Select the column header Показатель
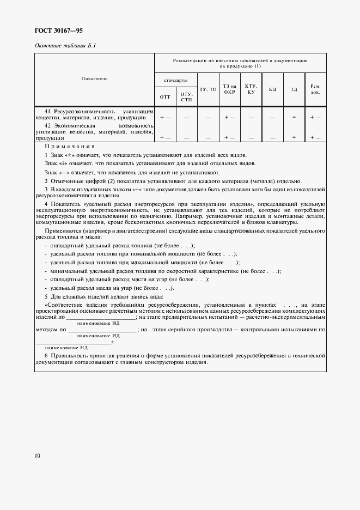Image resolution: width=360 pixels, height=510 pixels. [94, 78]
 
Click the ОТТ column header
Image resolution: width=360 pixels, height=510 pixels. [165, 97]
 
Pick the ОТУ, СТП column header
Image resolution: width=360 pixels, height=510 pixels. [186, 97]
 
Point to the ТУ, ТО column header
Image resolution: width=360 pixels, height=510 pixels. [208, 89]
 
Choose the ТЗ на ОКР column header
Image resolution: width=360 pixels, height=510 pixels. [230, 89]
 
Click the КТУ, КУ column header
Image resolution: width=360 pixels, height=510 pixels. [251, 89]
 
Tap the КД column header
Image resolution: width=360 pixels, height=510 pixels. [273, 89]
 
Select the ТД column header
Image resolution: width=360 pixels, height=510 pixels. [294, 89]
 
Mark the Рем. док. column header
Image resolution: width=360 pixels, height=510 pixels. [315, 89]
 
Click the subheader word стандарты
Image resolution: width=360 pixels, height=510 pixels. [176, 80]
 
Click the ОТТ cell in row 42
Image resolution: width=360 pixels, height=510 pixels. [165, 137]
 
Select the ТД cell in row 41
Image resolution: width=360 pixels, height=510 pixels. [294, 117]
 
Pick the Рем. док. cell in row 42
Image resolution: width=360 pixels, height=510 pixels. [315, 137]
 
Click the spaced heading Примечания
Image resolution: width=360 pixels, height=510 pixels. [70, 147]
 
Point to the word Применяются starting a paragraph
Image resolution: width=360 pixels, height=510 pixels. [61, 231]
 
